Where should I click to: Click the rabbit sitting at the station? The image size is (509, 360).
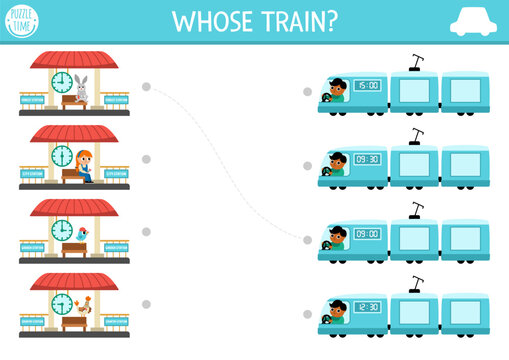(81, 89)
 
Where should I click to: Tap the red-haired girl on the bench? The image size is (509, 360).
(84, 164)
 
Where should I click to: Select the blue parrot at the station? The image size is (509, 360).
(82, 234)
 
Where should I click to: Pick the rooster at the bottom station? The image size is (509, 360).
(84, 306)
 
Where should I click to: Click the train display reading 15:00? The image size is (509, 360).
(367, 86)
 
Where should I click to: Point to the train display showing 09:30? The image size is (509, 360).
(367, 159)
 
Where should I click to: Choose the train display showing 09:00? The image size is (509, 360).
(367, 234)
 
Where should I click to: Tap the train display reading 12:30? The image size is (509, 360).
(367, 306)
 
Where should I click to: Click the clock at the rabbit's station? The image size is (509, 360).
(62, 82)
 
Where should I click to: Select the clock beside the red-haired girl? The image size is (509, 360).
(62, 156)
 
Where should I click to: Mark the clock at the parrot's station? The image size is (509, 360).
(62, 229)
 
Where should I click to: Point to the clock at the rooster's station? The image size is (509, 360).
(62, 302)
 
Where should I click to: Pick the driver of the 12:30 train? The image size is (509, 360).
(337, 311)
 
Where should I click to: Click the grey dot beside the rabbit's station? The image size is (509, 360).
(146, 87)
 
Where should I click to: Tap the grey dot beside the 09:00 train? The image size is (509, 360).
(308, 239)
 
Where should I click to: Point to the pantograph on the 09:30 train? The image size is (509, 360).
(415, 136)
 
